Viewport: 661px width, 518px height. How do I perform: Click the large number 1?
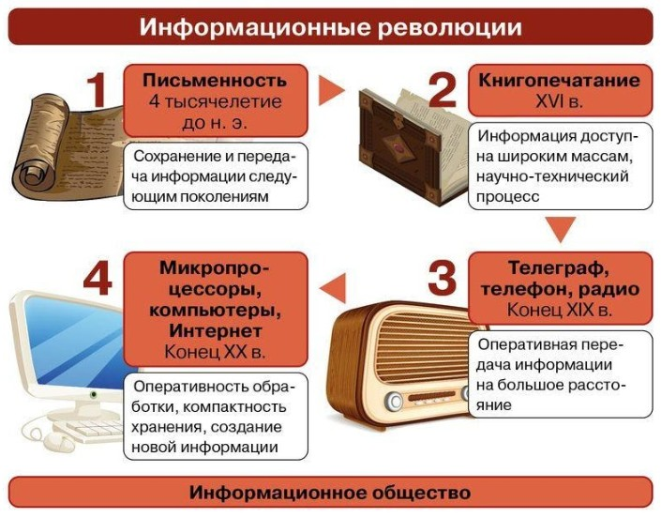[97, 90]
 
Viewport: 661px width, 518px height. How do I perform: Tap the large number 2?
[443, 90]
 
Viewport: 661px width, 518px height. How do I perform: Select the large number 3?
[443, 278]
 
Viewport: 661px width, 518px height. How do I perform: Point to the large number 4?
[98, 278]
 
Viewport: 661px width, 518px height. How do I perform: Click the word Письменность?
[215, 80]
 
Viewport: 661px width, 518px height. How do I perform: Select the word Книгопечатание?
[560, 80]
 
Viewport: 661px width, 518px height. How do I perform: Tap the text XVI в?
[560, 101]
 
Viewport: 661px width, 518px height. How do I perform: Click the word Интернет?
[216, 330]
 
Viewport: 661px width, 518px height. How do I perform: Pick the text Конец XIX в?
[560, 310]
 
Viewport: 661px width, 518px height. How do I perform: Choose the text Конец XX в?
[215, 352]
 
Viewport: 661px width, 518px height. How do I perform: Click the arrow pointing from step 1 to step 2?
[331, 90]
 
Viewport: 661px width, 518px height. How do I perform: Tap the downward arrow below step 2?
[561, 230]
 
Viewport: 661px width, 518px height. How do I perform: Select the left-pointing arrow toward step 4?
[333, 288]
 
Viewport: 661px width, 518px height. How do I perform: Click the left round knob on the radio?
[394, 401]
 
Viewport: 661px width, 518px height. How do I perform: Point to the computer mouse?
[58, 442]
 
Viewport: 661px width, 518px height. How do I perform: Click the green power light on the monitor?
[94, 395]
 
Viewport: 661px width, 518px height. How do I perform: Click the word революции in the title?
[450, 27]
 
